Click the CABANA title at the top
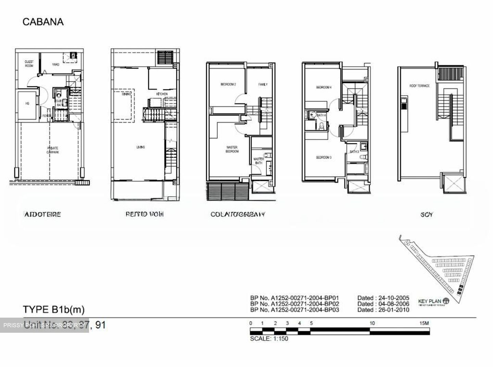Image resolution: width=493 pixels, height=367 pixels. pyautogui.click(x=43, y=22)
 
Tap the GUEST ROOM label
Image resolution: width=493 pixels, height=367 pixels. pyautogui.click(x=29, y=64)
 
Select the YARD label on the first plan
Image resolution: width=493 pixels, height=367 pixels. pyautogui.click(x=55, y=64)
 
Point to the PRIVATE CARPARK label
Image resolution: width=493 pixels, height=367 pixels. pyautogui.click(x=53, y=150)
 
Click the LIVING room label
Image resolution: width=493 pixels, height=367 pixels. pyautogui.click(x=140, y=147)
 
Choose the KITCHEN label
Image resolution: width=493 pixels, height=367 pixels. pyautogui.click(x=162, y=94)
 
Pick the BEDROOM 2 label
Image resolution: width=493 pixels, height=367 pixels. pyautogui.click(x=228, y=84)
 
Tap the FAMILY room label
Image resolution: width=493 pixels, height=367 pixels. pyautogui.click(x=263, y=84)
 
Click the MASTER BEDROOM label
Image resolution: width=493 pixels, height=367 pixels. pyautogui.click(x=232, y=149)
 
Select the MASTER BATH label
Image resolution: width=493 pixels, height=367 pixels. pyautogui.click(x=258, y=161)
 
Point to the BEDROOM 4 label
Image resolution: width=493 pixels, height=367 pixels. pyautogui.click(x=324, y=87)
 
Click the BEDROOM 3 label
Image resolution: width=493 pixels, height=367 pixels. pyautogui.click(x=324, y=158)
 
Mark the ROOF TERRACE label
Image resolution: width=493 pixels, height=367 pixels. pyautogui.click(x=419, y=86)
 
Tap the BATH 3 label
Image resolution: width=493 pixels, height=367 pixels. pyautogui.click(x=354, y=151)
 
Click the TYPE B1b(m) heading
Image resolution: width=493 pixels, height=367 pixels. pyautogui.click(x=53, y=309)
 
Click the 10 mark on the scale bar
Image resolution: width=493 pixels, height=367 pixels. pyautogui.click(x=372, y=323)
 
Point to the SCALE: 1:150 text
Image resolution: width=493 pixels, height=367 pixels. pyautogui.click(x=269, y=339)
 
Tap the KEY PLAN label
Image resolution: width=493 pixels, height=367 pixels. pyautogui.click(x=429, y=302)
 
